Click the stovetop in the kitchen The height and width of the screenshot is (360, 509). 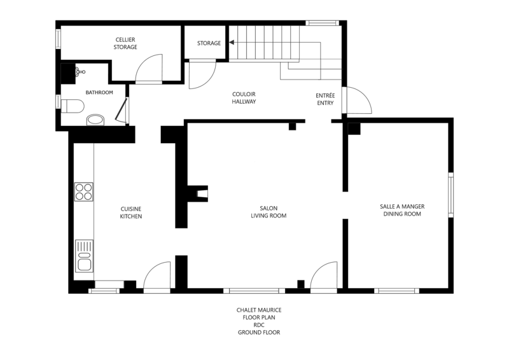(84, 191)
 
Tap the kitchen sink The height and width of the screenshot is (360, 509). (84, 256)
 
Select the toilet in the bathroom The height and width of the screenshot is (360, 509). (73, 106)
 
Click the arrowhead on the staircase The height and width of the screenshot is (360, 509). (232, 43)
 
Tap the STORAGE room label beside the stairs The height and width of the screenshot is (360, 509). (209, 43)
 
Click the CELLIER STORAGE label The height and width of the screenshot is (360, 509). (125, 43)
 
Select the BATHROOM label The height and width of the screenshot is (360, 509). (99, 92)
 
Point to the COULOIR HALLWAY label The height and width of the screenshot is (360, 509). (244, 98)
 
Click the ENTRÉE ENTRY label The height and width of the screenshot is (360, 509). (325, 99)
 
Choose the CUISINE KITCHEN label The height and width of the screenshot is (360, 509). (131, 212)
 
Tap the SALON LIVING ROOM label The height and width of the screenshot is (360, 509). (268, 212)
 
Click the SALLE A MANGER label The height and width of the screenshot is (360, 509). (402, 207)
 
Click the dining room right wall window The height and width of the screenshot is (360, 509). (451, 195)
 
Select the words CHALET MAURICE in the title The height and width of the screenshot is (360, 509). (259, 310)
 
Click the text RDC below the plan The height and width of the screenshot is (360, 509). (259, 325)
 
